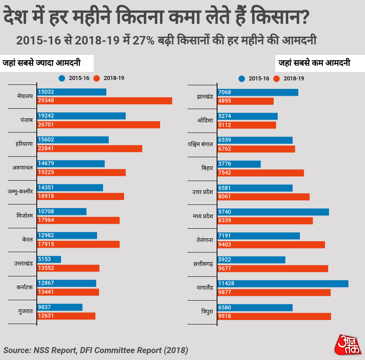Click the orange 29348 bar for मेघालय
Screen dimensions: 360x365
click(104, 101)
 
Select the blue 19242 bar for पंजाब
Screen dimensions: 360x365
click(81, 116)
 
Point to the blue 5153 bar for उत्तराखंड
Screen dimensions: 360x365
click(49, 259)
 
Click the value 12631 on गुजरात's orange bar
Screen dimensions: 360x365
click(46, 316)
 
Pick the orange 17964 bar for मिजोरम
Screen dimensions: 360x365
click(78, 220)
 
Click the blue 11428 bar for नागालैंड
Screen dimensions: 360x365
click(283, 284)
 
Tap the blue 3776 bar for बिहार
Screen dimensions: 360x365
click(239, 164)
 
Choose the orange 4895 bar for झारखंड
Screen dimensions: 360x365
click(245, 101)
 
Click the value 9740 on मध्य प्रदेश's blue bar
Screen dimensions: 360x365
click(225, 212)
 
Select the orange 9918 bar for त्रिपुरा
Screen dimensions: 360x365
click(274, 316)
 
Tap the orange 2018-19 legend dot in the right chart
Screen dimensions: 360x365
click(277, 78)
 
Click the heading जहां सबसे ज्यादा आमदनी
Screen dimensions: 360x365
click(42, 63)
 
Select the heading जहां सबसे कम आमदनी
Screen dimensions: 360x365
click(314, 63)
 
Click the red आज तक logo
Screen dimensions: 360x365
click(348, 345)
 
